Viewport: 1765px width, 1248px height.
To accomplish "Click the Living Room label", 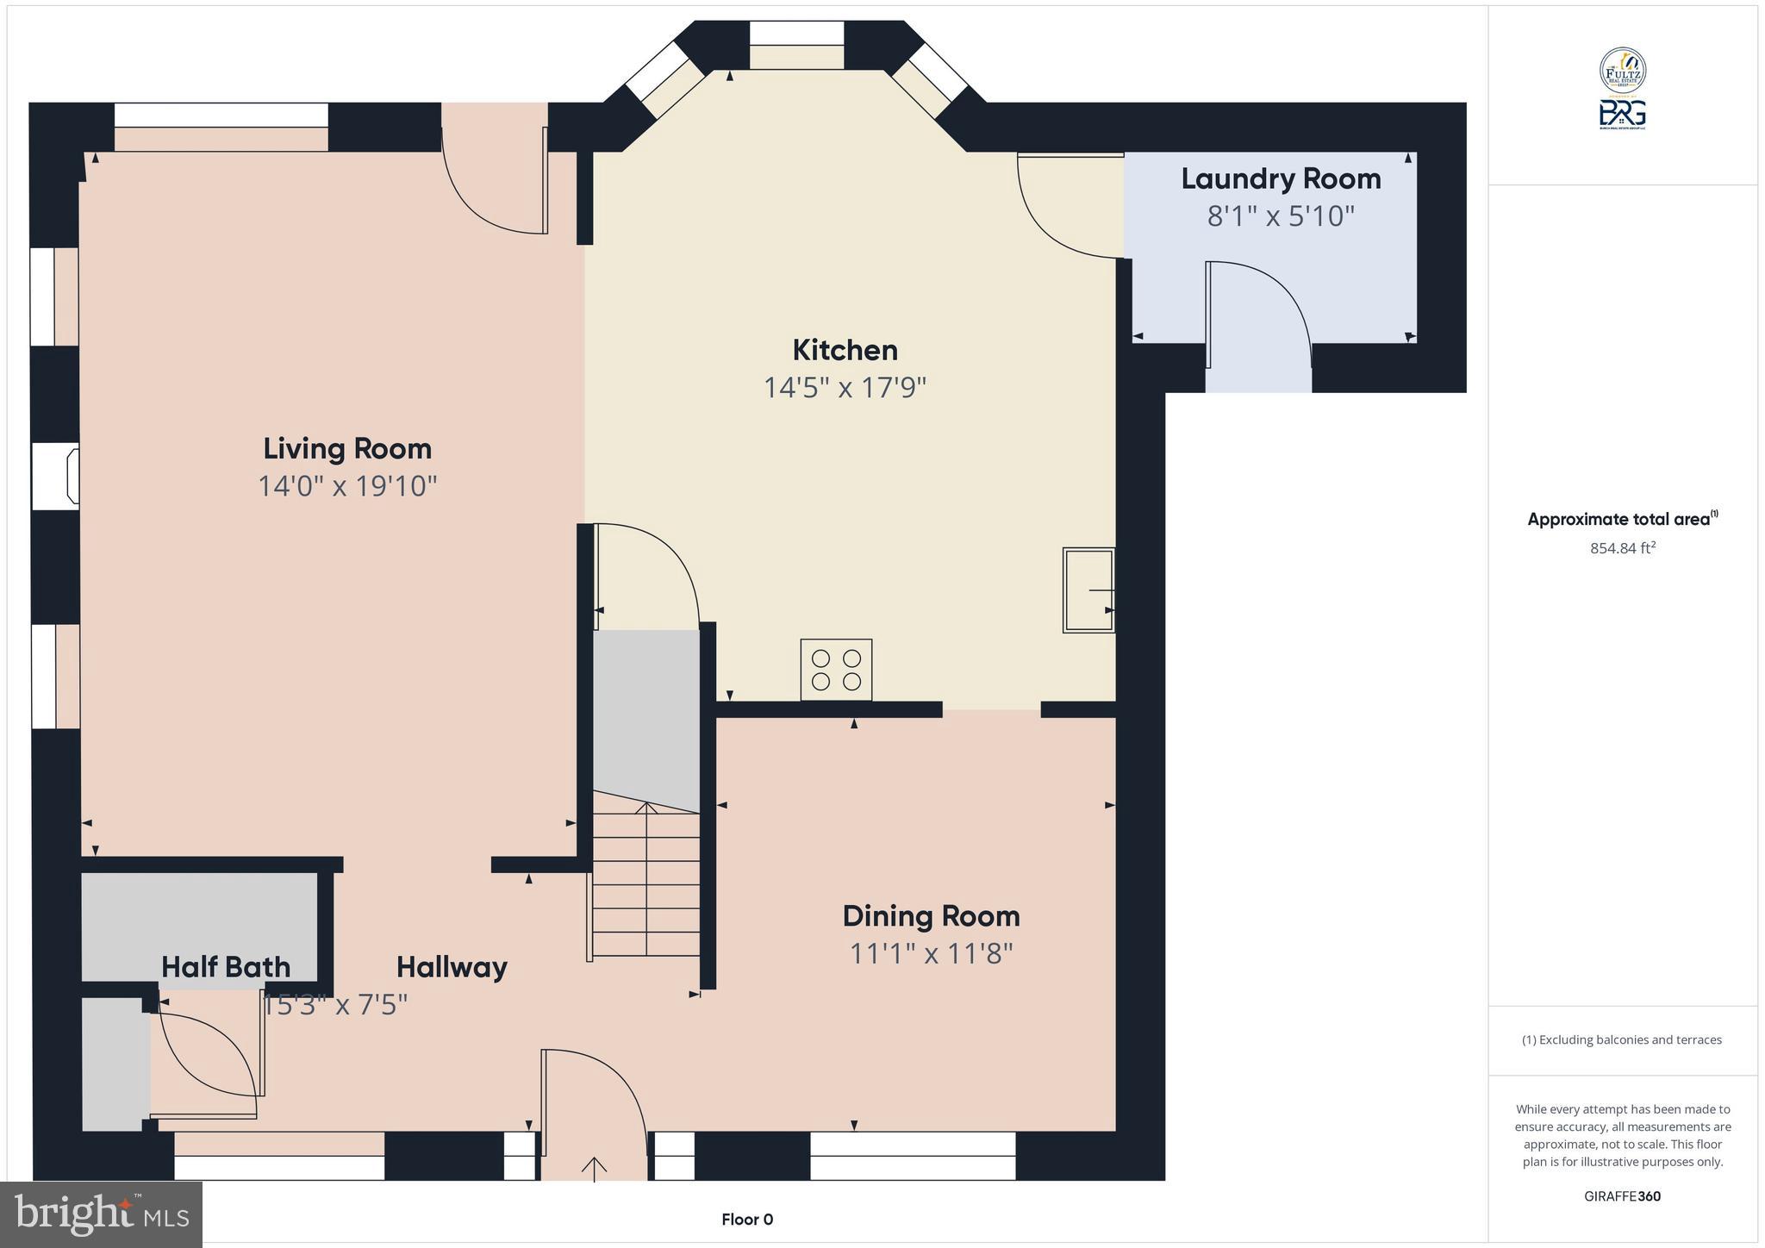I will click(346, 448).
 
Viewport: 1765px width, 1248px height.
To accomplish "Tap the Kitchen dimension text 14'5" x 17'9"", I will click(845, 388).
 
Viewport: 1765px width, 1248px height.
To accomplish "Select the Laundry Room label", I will click(1281, 178).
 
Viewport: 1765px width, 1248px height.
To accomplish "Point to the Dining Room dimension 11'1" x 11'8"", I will click(931, 953).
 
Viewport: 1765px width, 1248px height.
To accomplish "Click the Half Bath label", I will click(226, 967).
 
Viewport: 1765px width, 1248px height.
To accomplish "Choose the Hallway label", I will click(452, 967).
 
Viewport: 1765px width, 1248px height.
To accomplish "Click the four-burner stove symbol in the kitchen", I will click(836, 670).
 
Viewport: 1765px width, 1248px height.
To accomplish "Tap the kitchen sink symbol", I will click(1088, 590).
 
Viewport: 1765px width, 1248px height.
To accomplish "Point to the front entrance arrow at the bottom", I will click(594, 1167).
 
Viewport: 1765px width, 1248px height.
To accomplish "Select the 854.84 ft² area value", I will click(1623, 547).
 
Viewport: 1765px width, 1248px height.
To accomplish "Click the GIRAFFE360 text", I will click(1622, 1196).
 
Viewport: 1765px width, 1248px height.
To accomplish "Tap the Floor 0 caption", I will click(747, 1220).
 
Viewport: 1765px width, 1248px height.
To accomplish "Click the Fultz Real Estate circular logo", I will click(1623, 71).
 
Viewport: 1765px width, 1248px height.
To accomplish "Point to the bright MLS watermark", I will click(101, 1214).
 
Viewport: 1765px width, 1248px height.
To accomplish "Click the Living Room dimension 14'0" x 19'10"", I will click(347, 486).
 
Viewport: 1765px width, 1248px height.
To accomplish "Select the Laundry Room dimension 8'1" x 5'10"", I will click(1281, 215).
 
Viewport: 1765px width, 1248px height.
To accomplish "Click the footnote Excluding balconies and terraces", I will click(1622, 1039).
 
